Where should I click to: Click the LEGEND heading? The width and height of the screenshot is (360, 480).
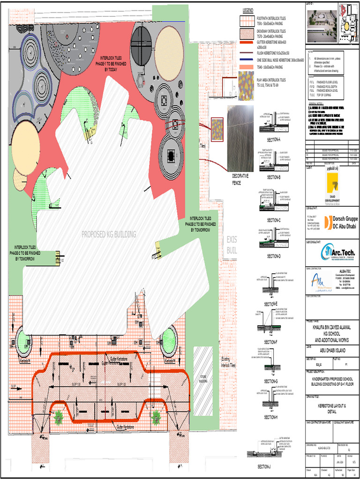tap(247, 10)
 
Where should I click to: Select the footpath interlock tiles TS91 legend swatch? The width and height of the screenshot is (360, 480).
tap(247, 21)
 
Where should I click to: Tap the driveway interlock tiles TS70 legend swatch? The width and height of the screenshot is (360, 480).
tap(247, 33)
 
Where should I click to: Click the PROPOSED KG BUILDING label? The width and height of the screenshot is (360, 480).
tap(109, 234)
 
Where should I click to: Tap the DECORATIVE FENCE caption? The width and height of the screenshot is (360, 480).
tap(240, 179)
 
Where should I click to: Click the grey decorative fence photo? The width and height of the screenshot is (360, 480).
tap(240, 138)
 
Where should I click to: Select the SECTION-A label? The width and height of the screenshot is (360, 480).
tap(274, 140)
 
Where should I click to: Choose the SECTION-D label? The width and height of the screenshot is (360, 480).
tap(274, 256)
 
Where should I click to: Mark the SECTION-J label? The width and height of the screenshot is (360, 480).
tap(263, 467)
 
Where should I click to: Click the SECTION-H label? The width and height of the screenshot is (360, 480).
tap(270, 417)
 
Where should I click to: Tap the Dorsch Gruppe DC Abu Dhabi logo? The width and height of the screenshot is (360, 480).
tap(337, 223)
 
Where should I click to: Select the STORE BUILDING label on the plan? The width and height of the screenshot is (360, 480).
tap(203, 379)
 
